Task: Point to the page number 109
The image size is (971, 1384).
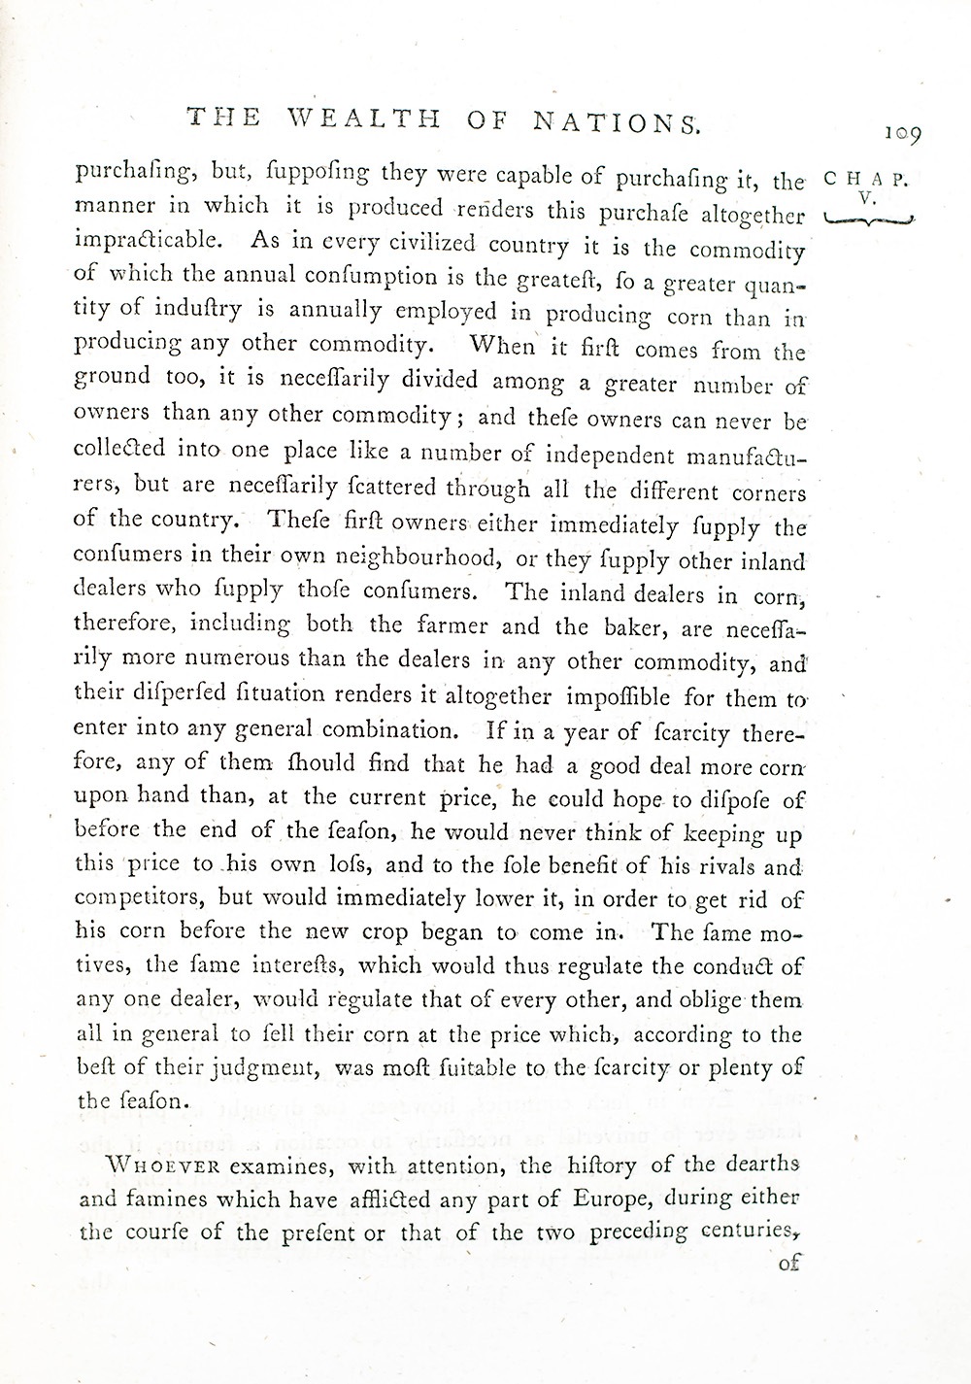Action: click(x=901, y=135)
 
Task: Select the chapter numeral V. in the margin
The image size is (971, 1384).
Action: click(x=866, y=197)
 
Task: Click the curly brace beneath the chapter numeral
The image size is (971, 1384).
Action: click(x=868, y=220)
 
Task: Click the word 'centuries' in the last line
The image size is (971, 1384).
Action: click(x=749, y=1232)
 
